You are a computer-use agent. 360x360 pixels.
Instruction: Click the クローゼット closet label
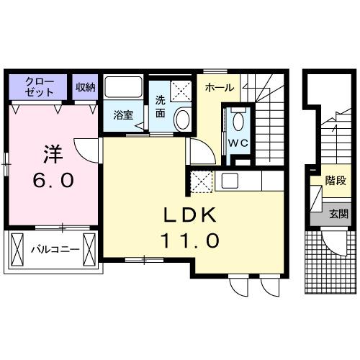coord(39,86)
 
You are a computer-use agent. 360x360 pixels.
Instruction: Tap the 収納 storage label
coord(86,86)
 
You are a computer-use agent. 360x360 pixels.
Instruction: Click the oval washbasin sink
coord(182,120)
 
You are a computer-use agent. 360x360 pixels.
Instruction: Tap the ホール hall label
coord(219,87)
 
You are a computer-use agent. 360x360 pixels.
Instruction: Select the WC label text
coord(239,142)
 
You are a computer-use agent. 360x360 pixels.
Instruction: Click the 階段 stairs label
coord(334,181)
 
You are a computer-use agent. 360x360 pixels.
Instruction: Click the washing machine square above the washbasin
coord(182,90)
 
